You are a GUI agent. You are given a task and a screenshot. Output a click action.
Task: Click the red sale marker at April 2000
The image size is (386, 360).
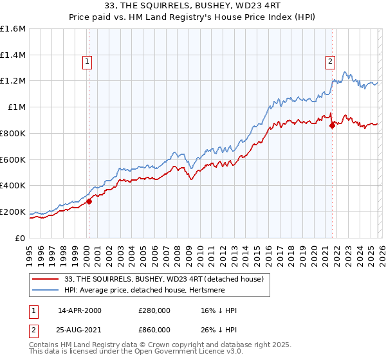[x=89, y=201]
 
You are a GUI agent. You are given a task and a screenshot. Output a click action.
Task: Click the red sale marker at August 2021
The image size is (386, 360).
[x=332, y=125]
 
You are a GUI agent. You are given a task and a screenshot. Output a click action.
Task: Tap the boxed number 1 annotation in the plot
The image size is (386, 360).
[x=87, y=62]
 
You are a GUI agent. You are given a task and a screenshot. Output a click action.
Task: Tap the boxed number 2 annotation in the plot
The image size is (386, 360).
[x=329, y=62]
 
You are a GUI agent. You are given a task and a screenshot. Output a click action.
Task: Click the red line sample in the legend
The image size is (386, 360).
[x=46, y=279]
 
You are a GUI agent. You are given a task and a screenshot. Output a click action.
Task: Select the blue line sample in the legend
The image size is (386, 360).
[x=46, y=291]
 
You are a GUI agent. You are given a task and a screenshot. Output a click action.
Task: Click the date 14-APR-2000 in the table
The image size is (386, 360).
[x=79, y=311]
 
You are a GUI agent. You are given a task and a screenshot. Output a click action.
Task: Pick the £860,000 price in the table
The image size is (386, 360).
[x=154, y=330]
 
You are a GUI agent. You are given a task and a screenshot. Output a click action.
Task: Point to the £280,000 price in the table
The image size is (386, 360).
[x=154, y=311]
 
